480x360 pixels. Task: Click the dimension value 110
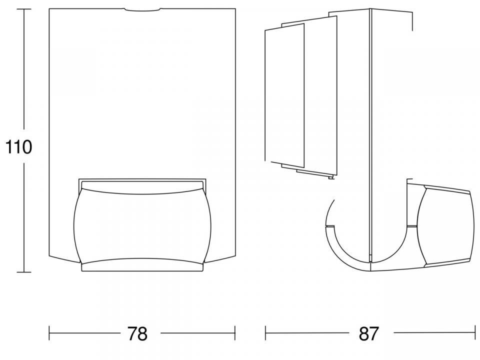[18, 147]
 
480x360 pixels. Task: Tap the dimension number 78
[137, 333]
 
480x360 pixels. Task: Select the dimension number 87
[369, 333]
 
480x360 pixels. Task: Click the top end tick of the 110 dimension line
[23, 9]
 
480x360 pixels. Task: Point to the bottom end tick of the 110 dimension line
[23, 272]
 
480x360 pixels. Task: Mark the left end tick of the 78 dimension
[49, 333]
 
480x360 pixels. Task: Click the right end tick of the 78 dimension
[235, 333]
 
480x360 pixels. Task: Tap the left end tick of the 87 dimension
[265, 333]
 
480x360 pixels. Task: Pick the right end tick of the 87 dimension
[474, 333]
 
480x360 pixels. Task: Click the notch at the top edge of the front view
[142, 10]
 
